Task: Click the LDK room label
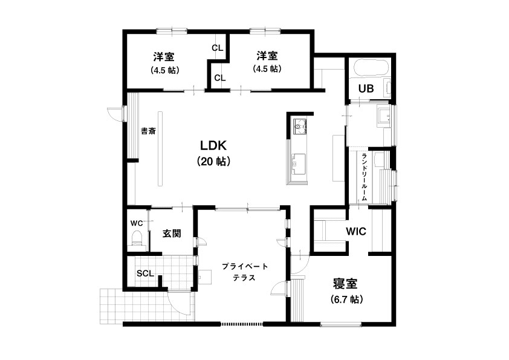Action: coord(213,146)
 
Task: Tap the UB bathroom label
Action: coord(366,88)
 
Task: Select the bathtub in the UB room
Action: coord(371,68)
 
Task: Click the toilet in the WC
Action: coord(137,238)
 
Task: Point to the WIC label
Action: coord(356,232)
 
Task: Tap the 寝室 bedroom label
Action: coord(345,284)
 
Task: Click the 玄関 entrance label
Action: coord(172,234)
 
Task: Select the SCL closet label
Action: coord(145,273)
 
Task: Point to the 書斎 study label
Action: coord(148,131)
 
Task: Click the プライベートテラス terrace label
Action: coord(245,272)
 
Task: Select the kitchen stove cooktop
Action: coord(300,126)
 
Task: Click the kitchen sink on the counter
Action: coord(299,164)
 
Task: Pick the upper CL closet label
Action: coord(218,48)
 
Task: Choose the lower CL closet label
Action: coord(220,78)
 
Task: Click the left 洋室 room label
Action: coord(164,57)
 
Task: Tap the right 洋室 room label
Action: coord(267,56)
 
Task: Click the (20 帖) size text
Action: coord(214,161)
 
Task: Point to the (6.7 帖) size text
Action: coord(346,299)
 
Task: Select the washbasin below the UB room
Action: coord(384,116)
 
